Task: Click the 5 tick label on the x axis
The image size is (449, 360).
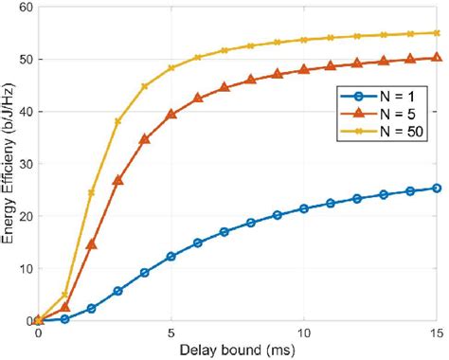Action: (x=171, y=333)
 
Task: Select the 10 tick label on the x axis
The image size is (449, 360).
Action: (x=304, y=333)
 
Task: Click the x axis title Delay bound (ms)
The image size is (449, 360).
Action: (x=237, y=351)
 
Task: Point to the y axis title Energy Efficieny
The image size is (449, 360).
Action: (x=9, y=166)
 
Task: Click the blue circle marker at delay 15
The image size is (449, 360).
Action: (x=437, y=188)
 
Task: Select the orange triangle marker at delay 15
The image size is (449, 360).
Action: (x=437, y=57)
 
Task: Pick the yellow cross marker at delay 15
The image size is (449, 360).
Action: (x=437, y=32)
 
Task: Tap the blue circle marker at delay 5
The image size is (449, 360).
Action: (x=171, y=257)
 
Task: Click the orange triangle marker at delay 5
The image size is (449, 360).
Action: (x=171, y=114)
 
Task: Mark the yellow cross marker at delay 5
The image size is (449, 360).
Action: (x=171, y=68)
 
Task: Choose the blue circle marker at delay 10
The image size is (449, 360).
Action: (x=304, y=208)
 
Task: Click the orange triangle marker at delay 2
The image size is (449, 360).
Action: (x=91, y=243)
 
